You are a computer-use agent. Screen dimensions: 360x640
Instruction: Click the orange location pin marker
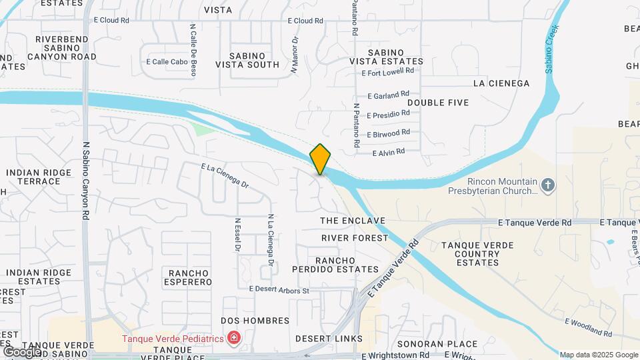click(320, 159)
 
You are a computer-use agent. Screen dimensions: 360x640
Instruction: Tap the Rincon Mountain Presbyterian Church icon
click(547, 184)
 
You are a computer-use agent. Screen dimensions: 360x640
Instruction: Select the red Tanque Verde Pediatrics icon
click(233, 339)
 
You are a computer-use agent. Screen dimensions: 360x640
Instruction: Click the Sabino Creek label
click(553, 50)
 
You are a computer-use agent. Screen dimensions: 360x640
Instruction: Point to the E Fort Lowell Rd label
click(387, 71)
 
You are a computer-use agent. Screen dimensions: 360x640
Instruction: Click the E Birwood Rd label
click(388, 133)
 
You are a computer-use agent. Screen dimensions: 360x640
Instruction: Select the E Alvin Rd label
click(389, 152)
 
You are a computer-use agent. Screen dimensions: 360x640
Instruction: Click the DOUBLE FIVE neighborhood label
click(438, 103)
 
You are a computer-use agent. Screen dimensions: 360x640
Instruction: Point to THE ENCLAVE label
click(353, 221)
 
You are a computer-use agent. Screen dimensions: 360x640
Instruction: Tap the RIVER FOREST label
click(354, 238)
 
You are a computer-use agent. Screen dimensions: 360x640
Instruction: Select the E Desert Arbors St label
click(279, 290)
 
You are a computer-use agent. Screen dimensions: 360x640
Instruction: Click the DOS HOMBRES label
click(255, 321)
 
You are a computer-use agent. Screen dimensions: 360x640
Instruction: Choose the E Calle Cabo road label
click(166, 62)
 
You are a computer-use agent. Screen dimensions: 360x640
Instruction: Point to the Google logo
click(21, 351)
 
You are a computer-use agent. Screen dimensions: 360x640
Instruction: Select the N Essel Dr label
click(237, 235)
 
